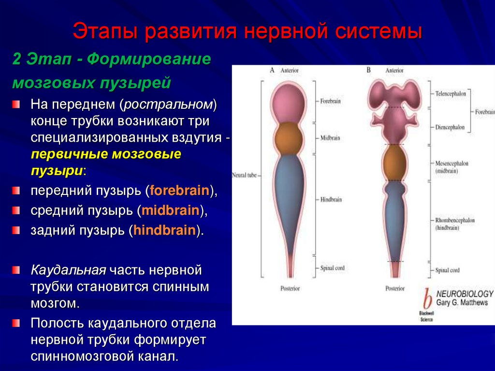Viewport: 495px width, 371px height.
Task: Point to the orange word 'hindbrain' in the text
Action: pyautogui.click(x=165, y=231)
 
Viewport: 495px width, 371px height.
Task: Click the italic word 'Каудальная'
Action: pyautogui.click(x=69, y=269)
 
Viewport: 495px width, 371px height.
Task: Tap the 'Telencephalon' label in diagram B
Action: pyautogui.click(x=451, y=94)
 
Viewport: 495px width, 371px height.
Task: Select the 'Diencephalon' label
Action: pyautogui.click(x=450, y=127)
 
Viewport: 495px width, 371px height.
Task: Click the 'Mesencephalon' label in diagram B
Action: pyautogui.click(x=451, y=163)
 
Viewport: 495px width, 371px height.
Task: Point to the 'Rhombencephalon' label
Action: pyautogui.click(x=454, y=220)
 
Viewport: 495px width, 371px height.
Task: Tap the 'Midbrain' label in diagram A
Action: pyautogui.click(x=330, y=138)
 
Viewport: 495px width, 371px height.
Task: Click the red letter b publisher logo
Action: pyautogui.click(x=427, y=299)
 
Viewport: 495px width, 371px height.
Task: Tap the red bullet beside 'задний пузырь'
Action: pyautogui.click(x=16, y=230)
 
